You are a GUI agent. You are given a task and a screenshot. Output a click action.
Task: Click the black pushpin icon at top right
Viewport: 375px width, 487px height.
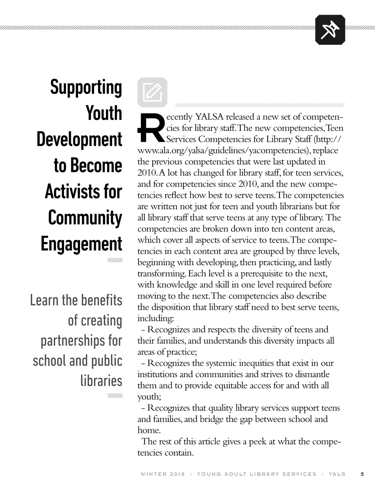(x=330, y=30)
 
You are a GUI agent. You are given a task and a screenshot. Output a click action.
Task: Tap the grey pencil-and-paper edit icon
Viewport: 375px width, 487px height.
(x=152, y=92)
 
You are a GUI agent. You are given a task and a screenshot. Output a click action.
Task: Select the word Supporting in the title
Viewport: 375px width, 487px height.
(x=86, y=87)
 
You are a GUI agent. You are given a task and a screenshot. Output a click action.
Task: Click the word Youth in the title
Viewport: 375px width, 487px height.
(x=104, y=113)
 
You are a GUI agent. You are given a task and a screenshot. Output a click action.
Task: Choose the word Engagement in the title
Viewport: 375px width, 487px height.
(x=81, y=243)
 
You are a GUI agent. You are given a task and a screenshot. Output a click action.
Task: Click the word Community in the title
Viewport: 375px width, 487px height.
(x=85, y=217)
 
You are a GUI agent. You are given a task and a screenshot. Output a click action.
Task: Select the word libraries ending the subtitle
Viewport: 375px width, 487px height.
(x=101, y=380)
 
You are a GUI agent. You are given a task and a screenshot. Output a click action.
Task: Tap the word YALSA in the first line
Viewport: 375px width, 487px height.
(x=209, y=117)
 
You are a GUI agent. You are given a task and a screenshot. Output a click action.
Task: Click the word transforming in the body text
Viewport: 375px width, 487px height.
(x=162, y=274)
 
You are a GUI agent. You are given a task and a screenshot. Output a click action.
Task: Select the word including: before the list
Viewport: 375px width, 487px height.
(x=155, y=318)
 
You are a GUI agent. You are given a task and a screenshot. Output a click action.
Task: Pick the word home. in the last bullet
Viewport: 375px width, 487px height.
(x=149, y=430)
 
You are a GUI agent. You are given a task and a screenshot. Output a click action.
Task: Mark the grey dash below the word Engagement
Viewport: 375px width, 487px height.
(x=115, y=260)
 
